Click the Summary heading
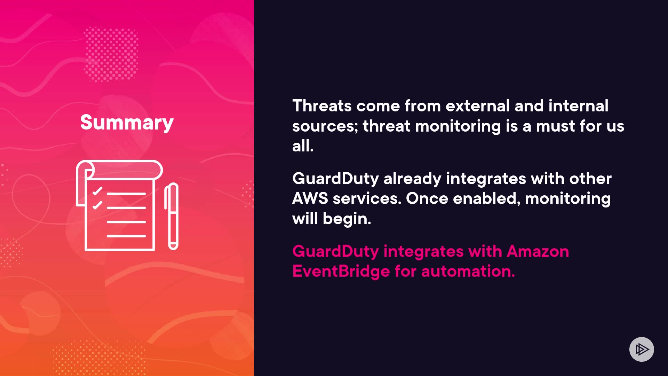127,123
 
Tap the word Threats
322,106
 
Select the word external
478,106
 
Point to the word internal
578,106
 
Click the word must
556,126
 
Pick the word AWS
310,198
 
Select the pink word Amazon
538,251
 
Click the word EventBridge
341,271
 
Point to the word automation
468,271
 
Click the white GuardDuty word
335,179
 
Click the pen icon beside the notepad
172,216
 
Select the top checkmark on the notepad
97,191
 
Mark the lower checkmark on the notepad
97,205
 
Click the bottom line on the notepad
126,236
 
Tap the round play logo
642,349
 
